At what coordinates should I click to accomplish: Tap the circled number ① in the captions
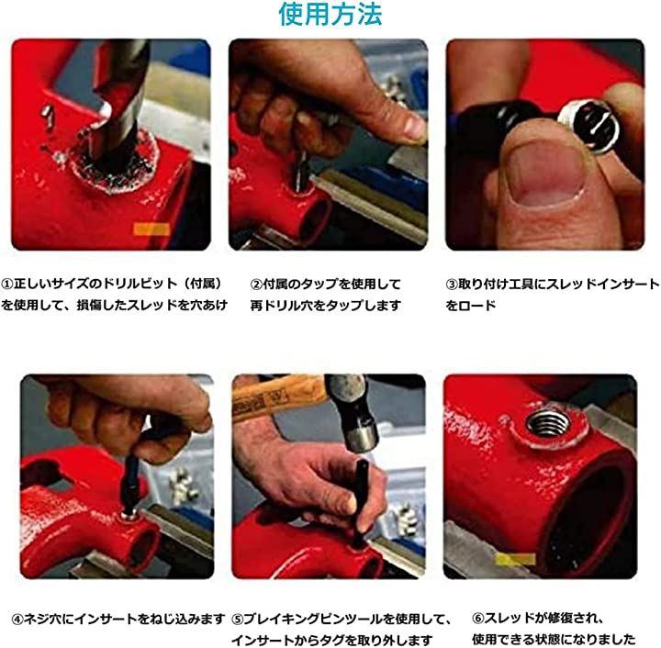coord(7,284)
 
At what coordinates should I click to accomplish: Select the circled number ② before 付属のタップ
coord(256,285)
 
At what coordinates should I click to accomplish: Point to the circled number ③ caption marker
coord(452,285)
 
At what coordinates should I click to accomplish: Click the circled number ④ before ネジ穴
coord(17,620)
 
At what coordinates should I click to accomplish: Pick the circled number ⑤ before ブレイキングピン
coord(238,620)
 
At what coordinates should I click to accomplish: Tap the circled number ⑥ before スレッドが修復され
coord(478,619)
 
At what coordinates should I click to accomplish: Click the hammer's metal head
coord(353,412)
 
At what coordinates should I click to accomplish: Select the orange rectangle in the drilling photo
coord(151,229)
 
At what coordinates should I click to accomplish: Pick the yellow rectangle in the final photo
coord(515,560)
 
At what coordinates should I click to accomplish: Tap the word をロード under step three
coord(471,305)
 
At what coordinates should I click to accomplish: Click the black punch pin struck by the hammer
coord(362,501)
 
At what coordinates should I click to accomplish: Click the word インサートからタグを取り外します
coord(332,640)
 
